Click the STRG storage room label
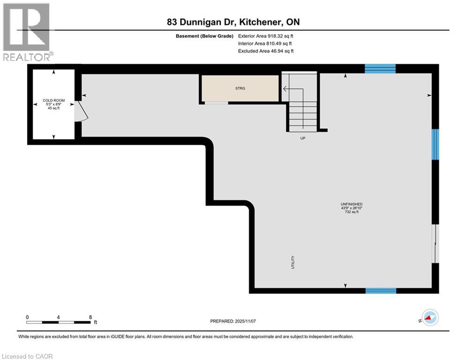tap(240, 88)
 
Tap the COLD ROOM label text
tap(54, 100)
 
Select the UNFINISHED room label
tap(352, 204)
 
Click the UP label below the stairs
tap(303, 138)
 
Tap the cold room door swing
tap(80, 112)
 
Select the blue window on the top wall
tap(380, 69)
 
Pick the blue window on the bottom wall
tap(380, 291)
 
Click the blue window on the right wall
tap(435, 144)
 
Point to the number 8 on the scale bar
tap(90, 317)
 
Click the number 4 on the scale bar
tap(58, 317)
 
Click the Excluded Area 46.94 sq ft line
tap(266, 51)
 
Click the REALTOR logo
tap(27, 32)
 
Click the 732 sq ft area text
tap(352, 212)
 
